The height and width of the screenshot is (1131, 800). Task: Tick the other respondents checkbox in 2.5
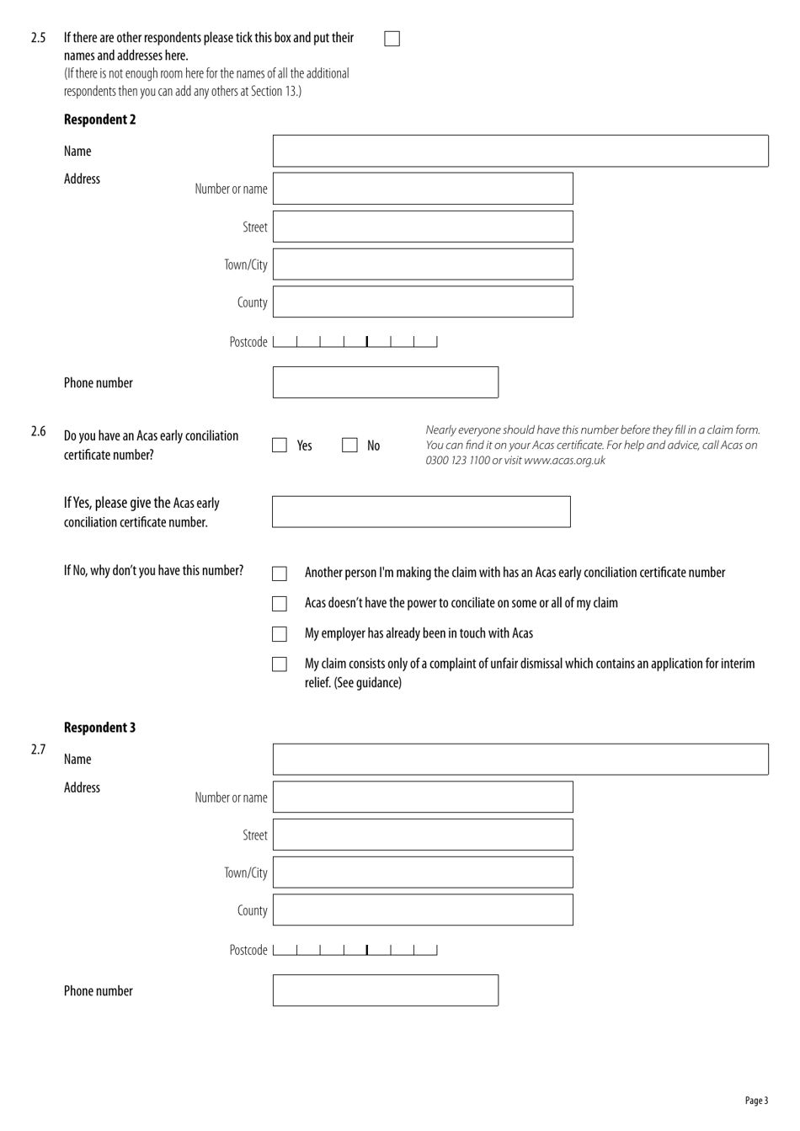(x=392, y=39)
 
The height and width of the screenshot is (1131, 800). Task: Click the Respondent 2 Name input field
(x=520, y=151)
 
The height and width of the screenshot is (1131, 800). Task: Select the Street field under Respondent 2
(x=423, y=227)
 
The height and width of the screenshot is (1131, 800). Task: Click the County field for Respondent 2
(x=423, y=301)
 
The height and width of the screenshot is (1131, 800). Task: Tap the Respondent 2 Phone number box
(x=385, y=382)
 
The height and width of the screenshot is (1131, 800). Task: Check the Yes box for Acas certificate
(x=280, y=445)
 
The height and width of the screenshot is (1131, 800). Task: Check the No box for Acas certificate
(x=349, y=445)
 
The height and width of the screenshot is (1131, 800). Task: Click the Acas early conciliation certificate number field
(x=421, y=512)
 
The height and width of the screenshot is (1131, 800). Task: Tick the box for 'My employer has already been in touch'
(x=280, y=634)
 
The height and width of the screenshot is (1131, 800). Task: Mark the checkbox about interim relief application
(x=280, y=664)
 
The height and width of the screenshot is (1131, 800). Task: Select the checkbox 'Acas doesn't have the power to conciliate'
(x=280, y=604)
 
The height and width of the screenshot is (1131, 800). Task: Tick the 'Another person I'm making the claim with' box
(x=280, y=574)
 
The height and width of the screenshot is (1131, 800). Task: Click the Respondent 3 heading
(x=99, y=728)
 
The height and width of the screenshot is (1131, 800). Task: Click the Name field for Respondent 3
(x=520, y=759)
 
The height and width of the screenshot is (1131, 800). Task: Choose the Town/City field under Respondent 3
(x=423, y=872)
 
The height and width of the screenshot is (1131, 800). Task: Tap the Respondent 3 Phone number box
(x=385, y=990)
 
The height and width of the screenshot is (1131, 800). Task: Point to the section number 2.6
(x=38, y=432)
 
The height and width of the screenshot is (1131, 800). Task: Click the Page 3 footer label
(x=756, y=1101)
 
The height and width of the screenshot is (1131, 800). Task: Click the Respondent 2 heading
(x=99, y=120)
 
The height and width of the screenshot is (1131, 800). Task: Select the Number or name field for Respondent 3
(x=423, y=797)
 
